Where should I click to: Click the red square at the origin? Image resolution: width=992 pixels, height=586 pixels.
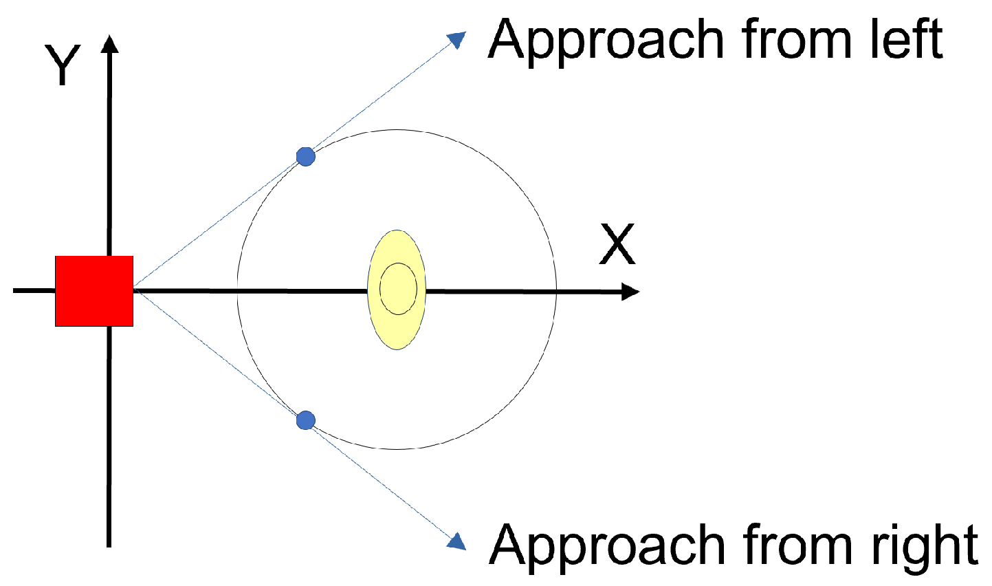[94, 290]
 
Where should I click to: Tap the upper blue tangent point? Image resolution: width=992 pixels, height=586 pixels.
[306, 157]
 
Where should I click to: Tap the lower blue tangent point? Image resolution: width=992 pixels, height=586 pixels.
[306, 420]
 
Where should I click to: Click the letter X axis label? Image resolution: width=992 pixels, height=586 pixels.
[617, 244]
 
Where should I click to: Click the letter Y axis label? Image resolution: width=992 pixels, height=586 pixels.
[63, 65]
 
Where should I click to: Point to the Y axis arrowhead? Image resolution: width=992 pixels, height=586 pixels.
[110, 44]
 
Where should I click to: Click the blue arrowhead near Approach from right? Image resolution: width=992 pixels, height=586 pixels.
[456, 541]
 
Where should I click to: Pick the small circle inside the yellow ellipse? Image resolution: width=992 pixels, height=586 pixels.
[399, 288]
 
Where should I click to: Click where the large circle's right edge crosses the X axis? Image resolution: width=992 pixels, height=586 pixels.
[556, 291]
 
